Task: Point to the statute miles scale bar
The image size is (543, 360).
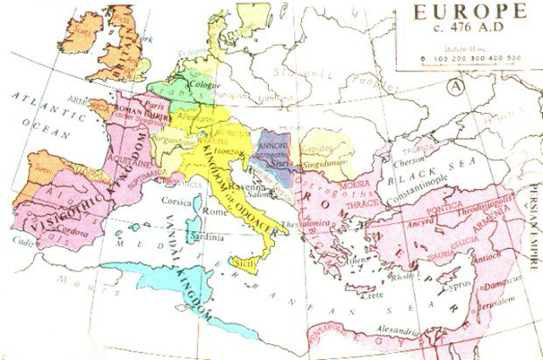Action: pos(470,59)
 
